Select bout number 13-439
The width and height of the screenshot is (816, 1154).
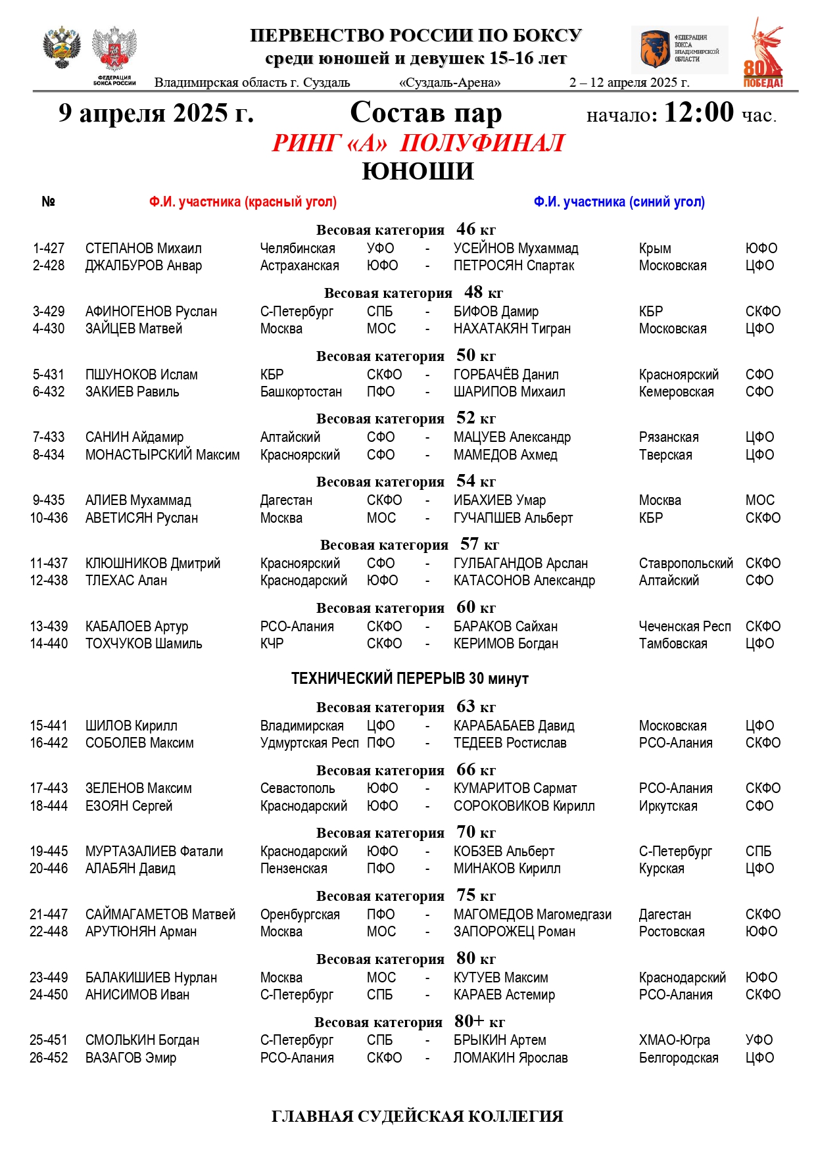(x=49, y=627)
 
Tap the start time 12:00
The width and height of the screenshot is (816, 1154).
(x=698, y=113)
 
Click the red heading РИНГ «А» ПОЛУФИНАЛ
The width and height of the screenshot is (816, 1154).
(x=418, y=143)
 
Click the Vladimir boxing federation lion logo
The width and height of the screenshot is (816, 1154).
(x=654, y=49)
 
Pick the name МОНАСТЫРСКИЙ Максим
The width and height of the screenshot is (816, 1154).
(x=162, y=455)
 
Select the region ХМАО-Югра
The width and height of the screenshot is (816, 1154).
(x=674, y=1040)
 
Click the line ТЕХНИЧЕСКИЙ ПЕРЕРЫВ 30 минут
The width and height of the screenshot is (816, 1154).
(x=410, y=679)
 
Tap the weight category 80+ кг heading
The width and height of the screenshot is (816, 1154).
(x=409, y=1022)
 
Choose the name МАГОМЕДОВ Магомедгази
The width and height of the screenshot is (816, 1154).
(x=532, y=915)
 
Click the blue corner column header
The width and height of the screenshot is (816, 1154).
(x=619, y=202)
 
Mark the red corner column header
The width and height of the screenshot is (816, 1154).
(x=243, y=202)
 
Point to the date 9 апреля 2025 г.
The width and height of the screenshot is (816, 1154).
(x=156, y=113)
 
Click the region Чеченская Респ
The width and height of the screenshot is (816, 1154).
(x=684, y=627)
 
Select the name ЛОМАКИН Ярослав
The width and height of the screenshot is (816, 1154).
(x=510, y=1058)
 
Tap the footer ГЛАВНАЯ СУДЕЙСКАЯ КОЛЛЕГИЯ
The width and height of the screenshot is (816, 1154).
(x=417, y=1117)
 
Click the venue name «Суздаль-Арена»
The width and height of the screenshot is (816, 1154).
(x=450, y=83)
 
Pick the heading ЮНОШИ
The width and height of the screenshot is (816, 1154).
(x=418, y=172)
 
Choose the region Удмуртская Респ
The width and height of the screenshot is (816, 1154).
(x=309, y=743)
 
